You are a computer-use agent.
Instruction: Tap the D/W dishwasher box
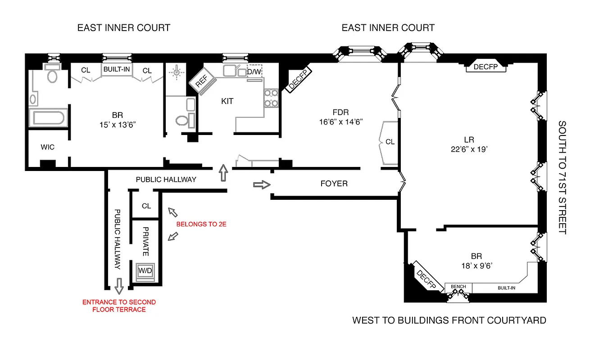click(254, 72)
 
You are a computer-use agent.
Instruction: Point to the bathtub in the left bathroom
click(48, 118)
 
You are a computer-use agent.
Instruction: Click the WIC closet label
click(47, 147)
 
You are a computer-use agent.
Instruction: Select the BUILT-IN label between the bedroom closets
click(117, 70)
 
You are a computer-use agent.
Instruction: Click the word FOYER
click(334, 184)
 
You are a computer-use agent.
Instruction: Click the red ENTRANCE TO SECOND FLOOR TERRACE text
click(119, 306)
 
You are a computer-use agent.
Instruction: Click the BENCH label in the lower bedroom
click(458, 287)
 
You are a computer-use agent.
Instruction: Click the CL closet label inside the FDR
click(390, 142)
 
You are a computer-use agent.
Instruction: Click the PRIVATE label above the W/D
click(145, 241)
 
